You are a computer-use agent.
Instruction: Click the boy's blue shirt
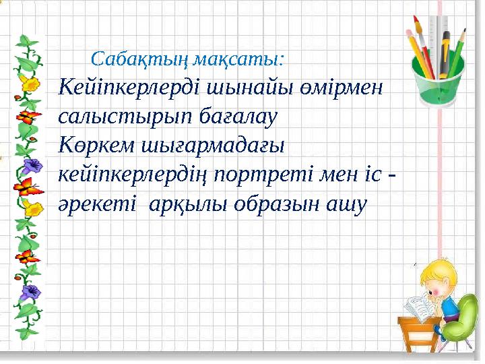pyautogui.click(x=449, y=311)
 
